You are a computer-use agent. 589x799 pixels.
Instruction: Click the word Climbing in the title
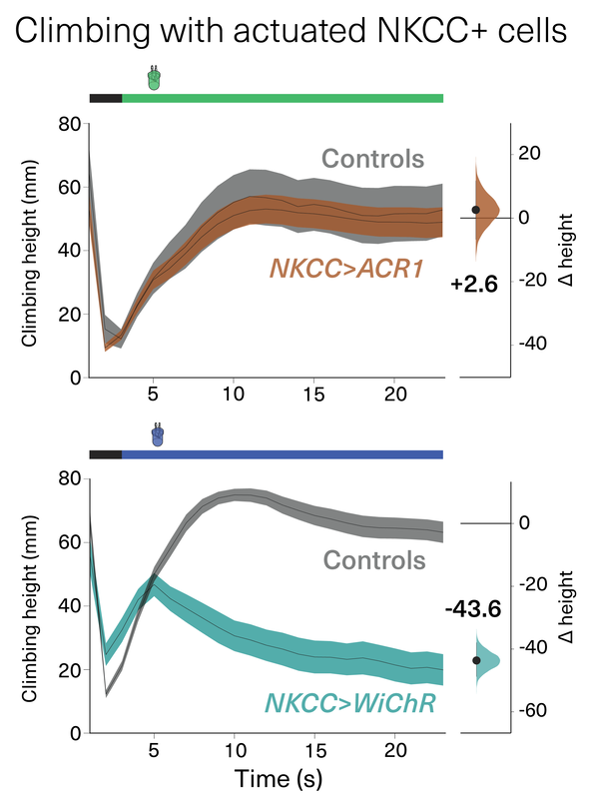coord(83,32)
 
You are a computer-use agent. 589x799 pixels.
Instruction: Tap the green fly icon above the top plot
coord(154,79)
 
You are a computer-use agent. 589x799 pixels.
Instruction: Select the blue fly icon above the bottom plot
coord(158,434)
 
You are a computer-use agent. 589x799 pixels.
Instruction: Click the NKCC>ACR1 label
coord(346,269)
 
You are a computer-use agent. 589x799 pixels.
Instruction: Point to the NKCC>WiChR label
coord(350,703)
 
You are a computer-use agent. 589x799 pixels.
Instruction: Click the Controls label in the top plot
coord(372,159)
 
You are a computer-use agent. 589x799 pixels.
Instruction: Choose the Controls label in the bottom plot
coord(374,560)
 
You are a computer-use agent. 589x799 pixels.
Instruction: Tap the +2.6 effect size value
coord(474,284)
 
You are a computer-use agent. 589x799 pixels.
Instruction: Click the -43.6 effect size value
coord(473,609)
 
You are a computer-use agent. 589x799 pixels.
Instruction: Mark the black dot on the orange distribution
coord(476,210)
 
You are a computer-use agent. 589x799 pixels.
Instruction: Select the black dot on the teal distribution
coord(476,660)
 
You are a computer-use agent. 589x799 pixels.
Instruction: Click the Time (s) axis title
coord(279,779)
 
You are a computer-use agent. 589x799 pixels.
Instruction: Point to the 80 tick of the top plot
coord(69,124)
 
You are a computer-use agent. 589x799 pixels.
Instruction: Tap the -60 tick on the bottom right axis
coord(532,710)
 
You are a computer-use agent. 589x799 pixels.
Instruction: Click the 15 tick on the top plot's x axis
coord(313,395)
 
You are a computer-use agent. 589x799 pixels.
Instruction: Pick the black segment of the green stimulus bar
coord(106,98)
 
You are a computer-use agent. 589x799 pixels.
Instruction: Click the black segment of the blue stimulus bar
coord(106,454)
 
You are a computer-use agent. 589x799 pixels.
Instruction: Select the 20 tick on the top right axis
coord(530,153)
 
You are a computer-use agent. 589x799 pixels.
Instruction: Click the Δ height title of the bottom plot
coord(566,606)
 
